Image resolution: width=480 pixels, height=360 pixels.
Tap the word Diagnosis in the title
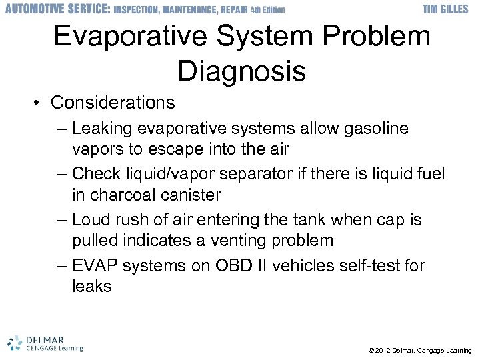pyautogui.click(x=242, y=70)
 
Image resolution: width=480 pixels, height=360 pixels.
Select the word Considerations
pyautogui.click(x=113, y=103)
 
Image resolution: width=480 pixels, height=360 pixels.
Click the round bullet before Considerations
pyautogui.click(x=37, y=103)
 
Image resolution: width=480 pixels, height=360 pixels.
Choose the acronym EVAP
pyautogui.click(x=95, y=266)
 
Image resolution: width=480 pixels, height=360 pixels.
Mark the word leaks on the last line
pyautogui.click(x=93, y=287)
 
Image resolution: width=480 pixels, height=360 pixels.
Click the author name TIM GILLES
pyautogui.click(x=447, y=9)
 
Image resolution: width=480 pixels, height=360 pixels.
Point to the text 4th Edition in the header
pyautogui.click(x=268, y=10)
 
